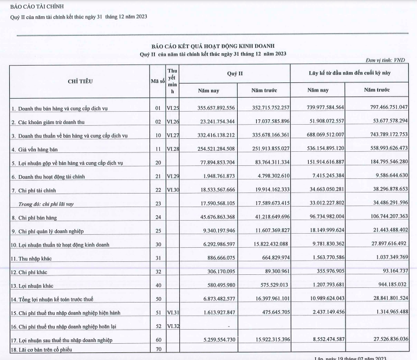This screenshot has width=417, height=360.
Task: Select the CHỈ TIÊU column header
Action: (80, 81)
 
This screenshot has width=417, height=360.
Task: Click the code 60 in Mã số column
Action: (159, 339)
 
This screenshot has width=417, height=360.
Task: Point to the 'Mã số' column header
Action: (157, 81)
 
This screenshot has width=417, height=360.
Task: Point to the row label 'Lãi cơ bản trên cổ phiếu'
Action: (44, 349)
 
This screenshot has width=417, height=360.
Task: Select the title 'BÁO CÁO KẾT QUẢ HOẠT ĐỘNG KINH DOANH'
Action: (213, 46)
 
